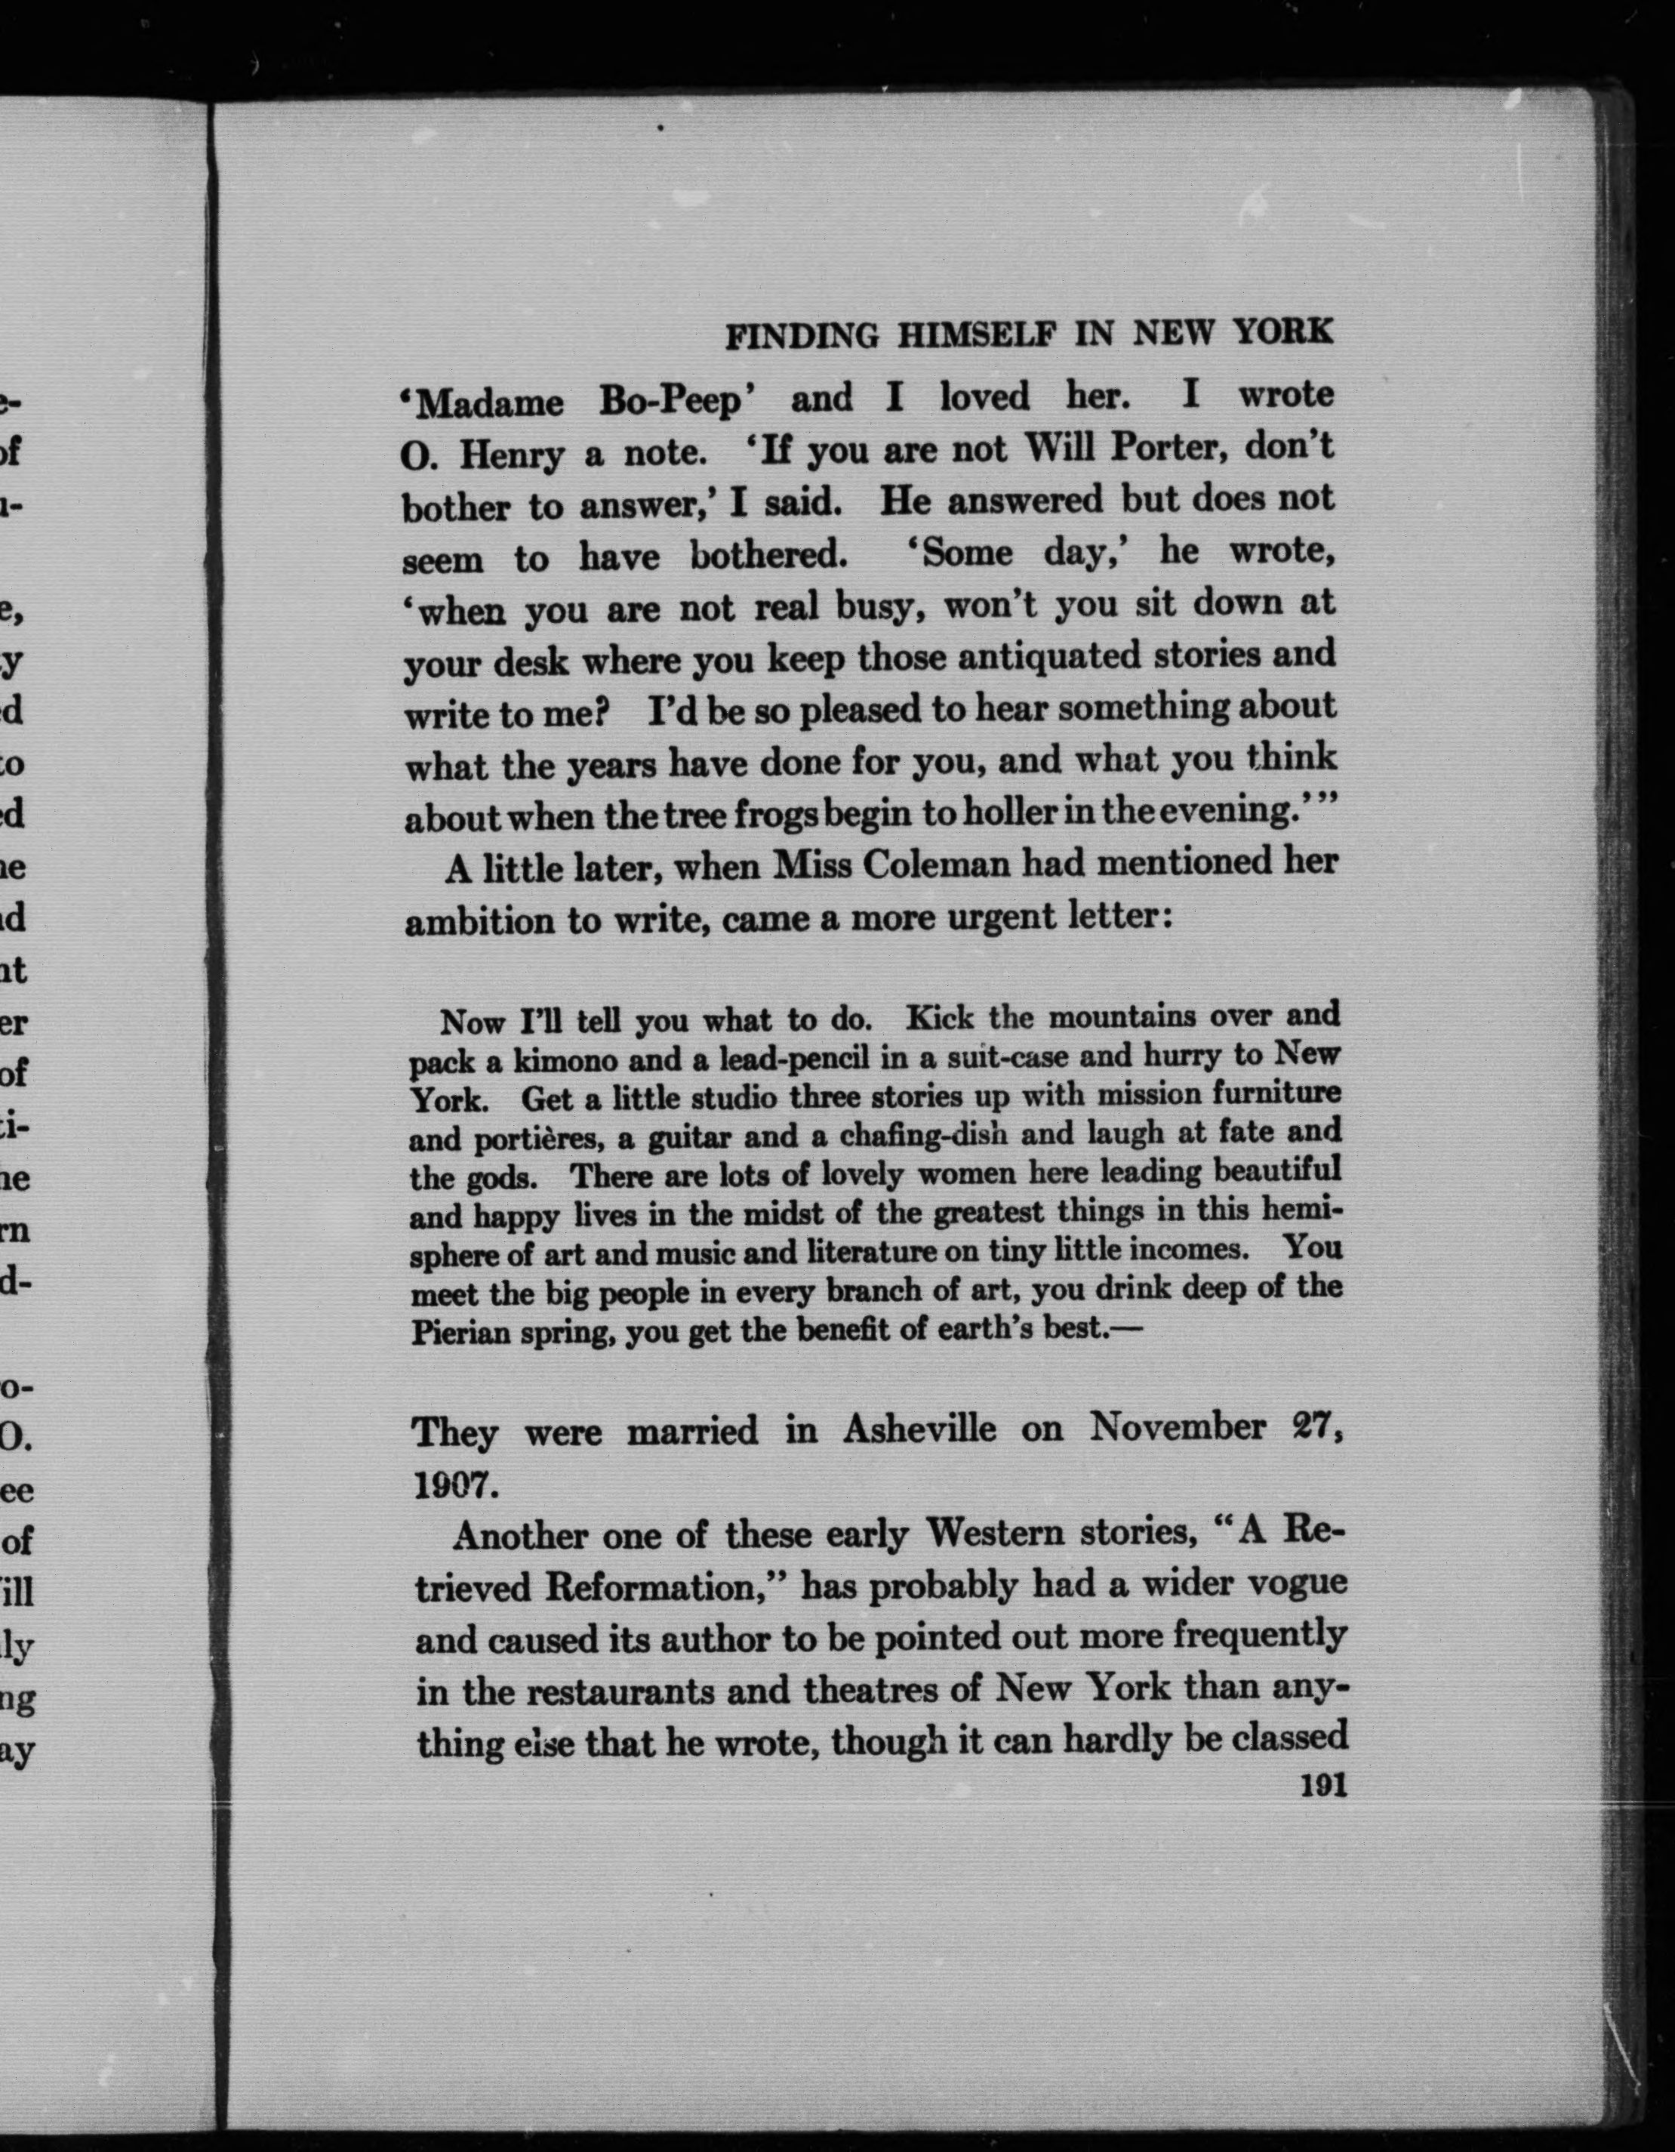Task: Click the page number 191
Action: tap(1323, 1787)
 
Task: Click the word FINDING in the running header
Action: tap(802, 337)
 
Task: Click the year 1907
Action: tap(451, 1486)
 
